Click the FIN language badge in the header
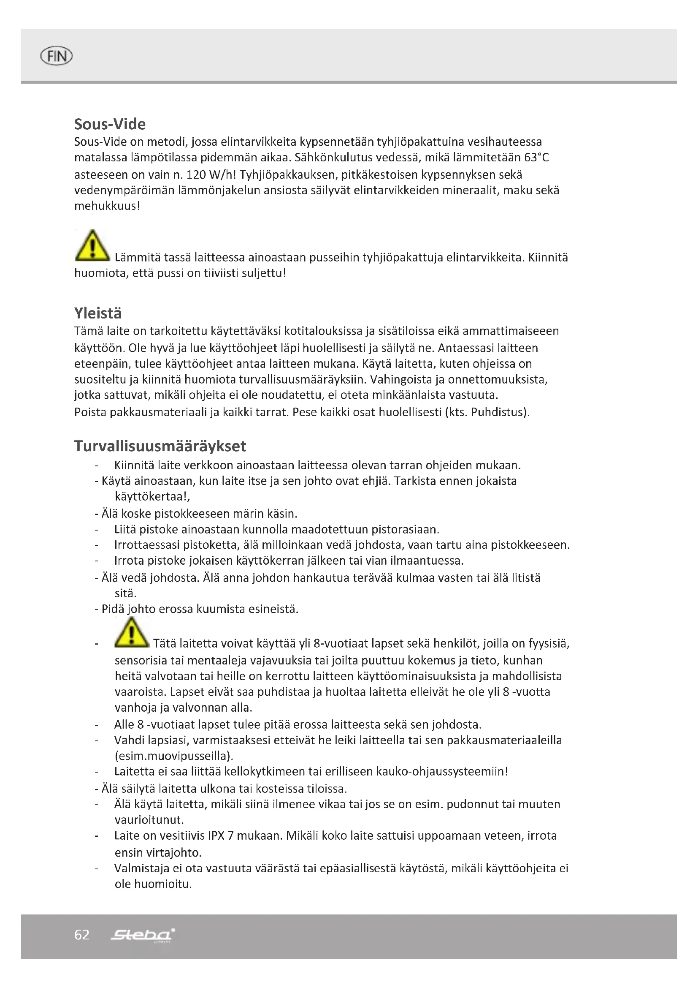pyautogui.click(x=56, y=56)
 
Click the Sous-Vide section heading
pyautogui.click(x=110, y=124)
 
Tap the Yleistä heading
pyautogui.click(x=98, y=313)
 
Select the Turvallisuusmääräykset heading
pyautogui.click(x=160, y=446)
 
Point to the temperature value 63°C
pyautogui.click(x=536, y=158)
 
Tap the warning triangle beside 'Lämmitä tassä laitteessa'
pyautogui.click(x=92, y=246)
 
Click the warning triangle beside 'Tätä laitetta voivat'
pyautogui.click(x=132, y=632)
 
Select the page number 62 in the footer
pyautogui.click(x=82, y=935)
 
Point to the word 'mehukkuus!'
pyautogui.click(x=107, y=206)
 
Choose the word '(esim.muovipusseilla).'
pyautogui.click(x=173, y=756)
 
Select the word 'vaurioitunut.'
pyautogui.click(x=149, y=819)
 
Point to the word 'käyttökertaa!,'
pyautogui.click(x=152, y=496)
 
